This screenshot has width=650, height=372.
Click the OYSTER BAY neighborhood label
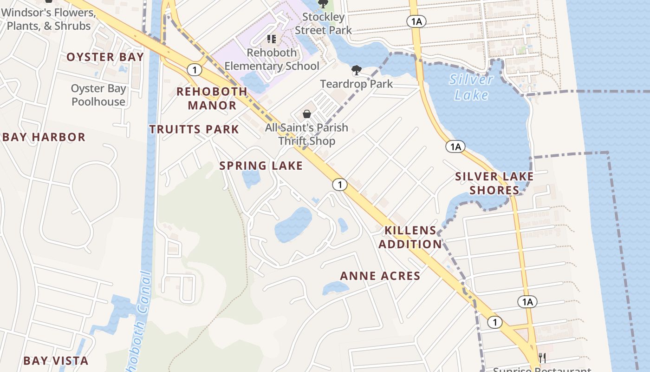(105, 57)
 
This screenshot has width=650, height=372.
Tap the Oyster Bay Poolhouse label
(98, 95)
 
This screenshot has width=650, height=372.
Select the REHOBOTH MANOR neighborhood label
(212, 98)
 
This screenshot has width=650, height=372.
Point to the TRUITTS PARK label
(194, 129)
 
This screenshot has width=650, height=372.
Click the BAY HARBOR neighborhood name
(44, 137)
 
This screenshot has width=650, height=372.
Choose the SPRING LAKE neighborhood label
(261, 166)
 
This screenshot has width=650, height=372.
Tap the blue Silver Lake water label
(471, 87)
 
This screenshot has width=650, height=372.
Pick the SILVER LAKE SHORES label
(494, 183)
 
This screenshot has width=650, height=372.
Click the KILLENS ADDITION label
(410, 237)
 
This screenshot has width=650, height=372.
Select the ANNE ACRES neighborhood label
(380, 276)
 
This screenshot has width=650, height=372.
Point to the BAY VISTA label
(56, 361)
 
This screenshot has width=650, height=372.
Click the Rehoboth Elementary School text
(272, 60)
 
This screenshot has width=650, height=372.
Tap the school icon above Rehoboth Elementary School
(272, 39)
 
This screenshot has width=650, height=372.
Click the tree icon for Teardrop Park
(356, 70)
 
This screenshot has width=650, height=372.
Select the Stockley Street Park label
(324, 24)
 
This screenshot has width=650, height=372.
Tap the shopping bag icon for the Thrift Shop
(307, 113)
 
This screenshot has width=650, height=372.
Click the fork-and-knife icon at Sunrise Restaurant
(542, 358)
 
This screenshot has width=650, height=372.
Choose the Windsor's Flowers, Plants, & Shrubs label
(49, 19)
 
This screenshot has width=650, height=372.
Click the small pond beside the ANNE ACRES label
(335, 288)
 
